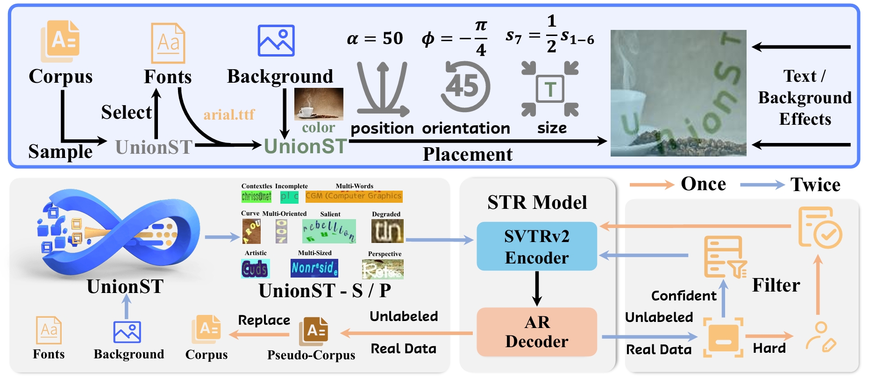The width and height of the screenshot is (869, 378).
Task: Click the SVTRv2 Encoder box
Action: pyautogui.click(x=537, y=246)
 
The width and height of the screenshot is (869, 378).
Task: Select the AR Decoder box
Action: pyautogui.click(x=537, y=332)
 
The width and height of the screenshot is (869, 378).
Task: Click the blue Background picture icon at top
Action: pyautogui.click(x=276, y=41)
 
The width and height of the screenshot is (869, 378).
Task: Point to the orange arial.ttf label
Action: pyautogui.click(x=229, y=114)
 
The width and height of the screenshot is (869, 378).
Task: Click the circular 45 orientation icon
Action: pyautogui.click(x=465, y=86)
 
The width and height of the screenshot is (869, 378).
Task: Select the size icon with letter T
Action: pyautogui.click(x=550, y=89)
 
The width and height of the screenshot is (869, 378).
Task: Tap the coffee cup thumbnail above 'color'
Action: pyautogui.click(x=319, y=104)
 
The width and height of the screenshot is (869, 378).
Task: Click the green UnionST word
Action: pyautogui.click(x=306, y=146)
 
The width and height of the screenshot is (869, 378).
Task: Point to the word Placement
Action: pyautogui.click(x=467, y=154)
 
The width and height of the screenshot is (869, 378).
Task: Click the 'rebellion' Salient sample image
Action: pyautogui.click(x=329, y=231)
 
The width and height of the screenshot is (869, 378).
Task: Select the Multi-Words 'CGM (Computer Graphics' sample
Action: pyautogui.click(x=354, y=196)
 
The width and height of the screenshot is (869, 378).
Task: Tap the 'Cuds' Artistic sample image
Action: pyautogui.click(x=255, y=269)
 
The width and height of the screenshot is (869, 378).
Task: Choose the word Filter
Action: pyautogui.click(x=776, y=285)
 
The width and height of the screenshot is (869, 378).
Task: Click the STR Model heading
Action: pyautogui.click(x=537, y=202)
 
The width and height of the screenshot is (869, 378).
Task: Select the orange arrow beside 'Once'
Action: pyautogui.click(x=652, y=185)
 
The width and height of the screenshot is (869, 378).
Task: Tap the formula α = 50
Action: pyautogui.click(x=375, y=38)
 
